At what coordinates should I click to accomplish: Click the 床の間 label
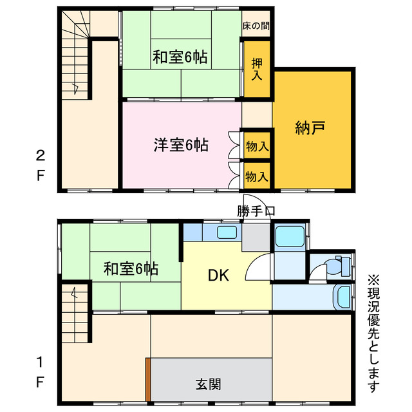click(256, 27)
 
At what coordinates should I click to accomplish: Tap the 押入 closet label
click(257, 70)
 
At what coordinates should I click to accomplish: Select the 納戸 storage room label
click(310, 128)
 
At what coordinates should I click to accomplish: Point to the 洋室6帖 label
click(180, 145)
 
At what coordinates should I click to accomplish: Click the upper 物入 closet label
click(257, 147)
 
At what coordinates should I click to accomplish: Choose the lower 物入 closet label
click(257, 175)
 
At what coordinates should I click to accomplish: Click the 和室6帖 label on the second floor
click(180, 57)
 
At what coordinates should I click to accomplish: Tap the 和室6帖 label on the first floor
click(131, 269)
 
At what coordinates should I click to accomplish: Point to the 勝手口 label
click(256, 211)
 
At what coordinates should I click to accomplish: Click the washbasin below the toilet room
click(344, 297)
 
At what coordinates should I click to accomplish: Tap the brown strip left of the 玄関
click(147, 379)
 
